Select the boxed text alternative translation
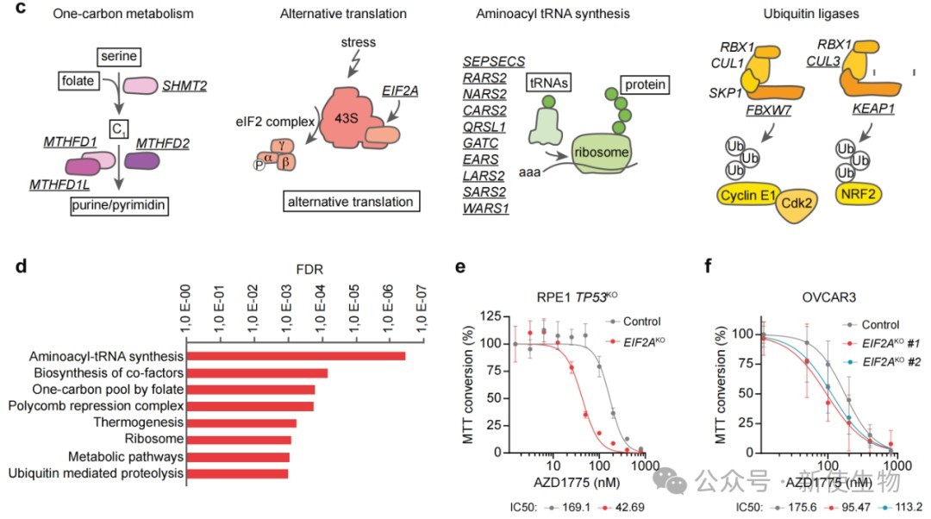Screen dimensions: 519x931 coord(350,203)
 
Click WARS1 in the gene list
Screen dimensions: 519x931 coord(484,208)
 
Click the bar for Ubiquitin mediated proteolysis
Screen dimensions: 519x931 coord(238,473)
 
